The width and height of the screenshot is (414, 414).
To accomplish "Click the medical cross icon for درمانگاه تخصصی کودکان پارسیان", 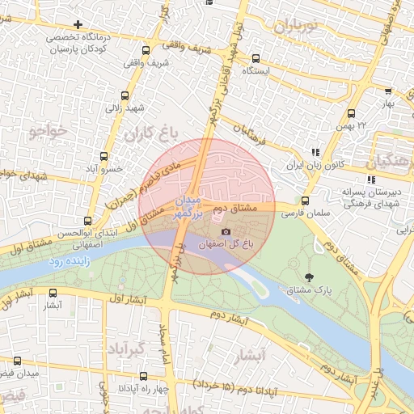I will click(78, 24).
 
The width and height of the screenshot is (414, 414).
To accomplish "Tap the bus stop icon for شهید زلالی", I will click(124, 95).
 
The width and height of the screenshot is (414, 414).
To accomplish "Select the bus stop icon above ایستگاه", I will click(256, 58).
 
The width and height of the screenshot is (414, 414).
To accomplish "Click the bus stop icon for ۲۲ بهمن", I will click(351, 113).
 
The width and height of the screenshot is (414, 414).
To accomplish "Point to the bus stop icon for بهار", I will click(388, 91).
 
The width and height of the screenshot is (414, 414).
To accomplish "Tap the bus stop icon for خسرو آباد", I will click(103, 156).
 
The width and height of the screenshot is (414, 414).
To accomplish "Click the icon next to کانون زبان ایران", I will click(315, 152).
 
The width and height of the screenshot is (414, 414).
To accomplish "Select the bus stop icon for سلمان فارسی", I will click(305, 201).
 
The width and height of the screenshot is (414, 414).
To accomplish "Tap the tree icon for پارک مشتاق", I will click(310, 277).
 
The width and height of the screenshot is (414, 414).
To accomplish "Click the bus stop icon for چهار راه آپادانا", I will click(143, 376).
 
